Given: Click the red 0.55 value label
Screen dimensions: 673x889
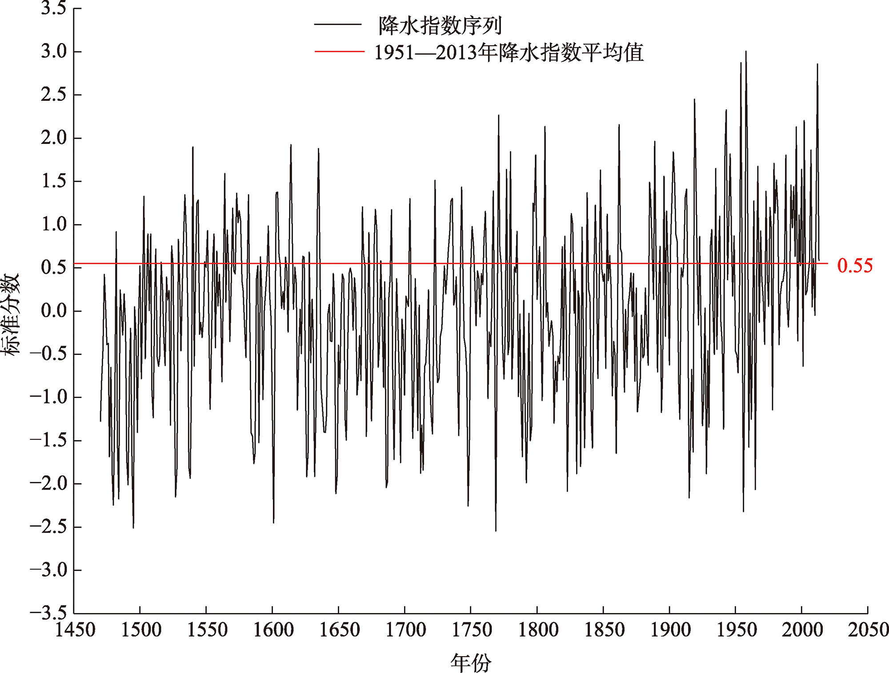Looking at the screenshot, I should point(855,265).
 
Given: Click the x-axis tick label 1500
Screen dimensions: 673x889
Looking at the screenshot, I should point(141,630).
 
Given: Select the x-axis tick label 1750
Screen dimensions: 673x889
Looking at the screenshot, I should point(472,630).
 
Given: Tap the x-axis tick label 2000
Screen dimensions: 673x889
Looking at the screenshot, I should point(802,630).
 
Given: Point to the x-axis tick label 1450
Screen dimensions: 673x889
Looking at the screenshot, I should point(75,630).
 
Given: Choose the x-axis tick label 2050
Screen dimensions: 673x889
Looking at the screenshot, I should point(868,630).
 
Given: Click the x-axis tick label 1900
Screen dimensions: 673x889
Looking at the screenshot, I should point(670,630).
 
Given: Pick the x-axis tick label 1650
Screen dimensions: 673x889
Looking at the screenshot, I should point(340,630).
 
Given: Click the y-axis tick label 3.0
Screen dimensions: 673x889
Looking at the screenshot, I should point(54,52).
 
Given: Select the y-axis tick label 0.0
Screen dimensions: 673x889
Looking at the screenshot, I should point(54,311).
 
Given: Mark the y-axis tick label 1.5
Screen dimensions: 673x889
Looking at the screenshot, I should point(54,181).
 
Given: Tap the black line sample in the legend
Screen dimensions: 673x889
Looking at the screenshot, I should point(338,25).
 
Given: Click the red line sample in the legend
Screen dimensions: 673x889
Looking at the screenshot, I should point(339,52).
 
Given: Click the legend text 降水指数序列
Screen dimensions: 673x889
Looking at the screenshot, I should point(440,25).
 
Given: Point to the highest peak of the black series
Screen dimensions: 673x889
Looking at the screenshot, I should point(746,52).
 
